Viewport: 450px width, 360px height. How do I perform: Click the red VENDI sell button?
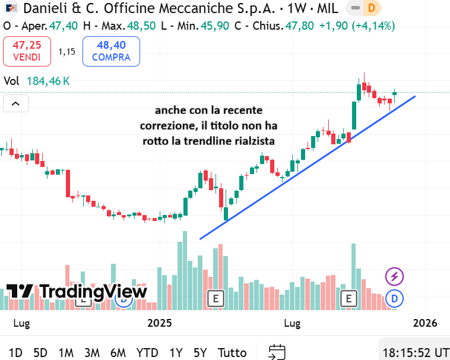point(27,51)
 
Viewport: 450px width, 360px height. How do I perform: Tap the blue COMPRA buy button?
point(111,51)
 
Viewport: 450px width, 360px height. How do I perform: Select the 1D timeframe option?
point(16,352)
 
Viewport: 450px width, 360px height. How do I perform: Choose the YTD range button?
point(147,352)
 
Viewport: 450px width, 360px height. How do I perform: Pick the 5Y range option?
point(201,352)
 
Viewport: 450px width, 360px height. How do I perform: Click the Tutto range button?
point(232,352)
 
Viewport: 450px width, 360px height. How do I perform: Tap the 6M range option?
point(118,352)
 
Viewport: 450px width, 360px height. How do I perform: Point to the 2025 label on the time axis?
point(159,323)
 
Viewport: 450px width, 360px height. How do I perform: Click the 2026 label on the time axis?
point(424,323)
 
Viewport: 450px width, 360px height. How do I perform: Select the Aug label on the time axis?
point(293,323)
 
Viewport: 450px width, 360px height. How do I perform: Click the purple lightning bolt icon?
point(395,276)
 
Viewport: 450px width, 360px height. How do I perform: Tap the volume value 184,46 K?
point(48,81)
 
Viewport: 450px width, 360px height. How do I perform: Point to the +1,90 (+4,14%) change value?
point(357,26)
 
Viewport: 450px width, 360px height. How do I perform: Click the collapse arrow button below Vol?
point(15,104)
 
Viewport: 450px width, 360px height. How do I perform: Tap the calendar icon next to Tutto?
point(277,352)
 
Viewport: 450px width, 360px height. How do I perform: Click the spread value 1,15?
point(66,51)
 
